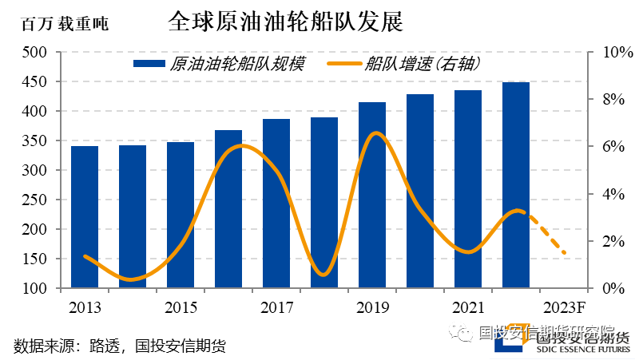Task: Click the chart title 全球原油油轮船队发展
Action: pyautogui.click(x=286, y=22)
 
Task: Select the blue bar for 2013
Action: pyautogui.click(x=85, y=216)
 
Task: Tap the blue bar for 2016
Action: pyautogui.click(x=228, y=209)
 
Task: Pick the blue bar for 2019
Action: pyautogui.click(x=372, y=195)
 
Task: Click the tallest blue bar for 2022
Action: pyautogui.click(x=516, y=184)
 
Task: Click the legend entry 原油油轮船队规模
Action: pyautogui.click(x=219, y=65)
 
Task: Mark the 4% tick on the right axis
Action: pyautogui.click(x=605, y=194)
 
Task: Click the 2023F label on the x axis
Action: pyautogui.click(x=564, y=308)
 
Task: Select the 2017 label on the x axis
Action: pyautogui.click(x=276, y=308)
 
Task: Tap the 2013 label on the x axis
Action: pyautogui.click(x=85, y=308)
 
